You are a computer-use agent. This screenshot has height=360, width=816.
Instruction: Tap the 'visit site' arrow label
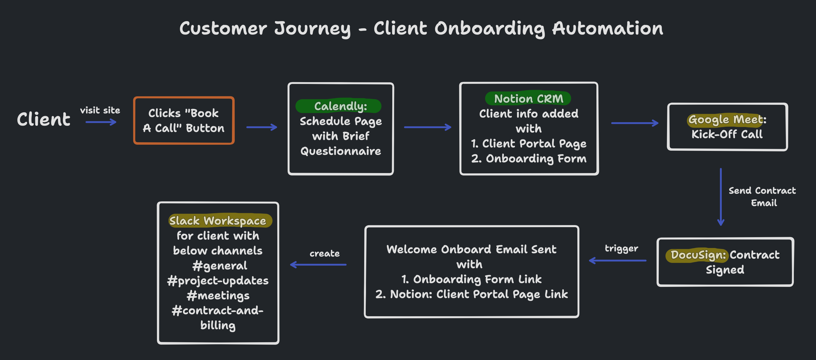(100, 110)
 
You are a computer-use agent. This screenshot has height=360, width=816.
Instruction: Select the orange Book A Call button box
(184, 121)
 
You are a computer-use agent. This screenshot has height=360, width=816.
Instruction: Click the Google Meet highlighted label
(725, 119)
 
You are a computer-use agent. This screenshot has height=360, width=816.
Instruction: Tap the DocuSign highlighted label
(697, 255)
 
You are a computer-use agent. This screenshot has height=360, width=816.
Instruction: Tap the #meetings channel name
(218, 295)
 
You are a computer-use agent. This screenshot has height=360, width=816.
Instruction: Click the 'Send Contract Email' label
(762, 196)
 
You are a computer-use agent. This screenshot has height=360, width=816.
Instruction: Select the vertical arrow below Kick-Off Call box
(721, 196)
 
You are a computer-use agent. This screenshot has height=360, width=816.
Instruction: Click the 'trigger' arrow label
(621, 248)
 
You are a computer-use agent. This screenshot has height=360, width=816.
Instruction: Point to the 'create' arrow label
(324, 253)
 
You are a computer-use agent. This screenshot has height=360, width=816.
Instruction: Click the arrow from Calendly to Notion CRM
(427, 127)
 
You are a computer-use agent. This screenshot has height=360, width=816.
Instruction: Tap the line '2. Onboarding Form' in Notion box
(529, 158)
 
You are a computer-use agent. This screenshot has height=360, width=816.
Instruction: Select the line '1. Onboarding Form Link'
(471, 279)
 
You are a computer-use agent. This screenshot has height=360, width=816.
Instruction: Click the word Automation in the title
(607, 29)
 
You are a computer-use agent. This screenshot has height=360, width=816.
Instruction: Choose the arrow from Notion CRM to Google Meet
(635, 123)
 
